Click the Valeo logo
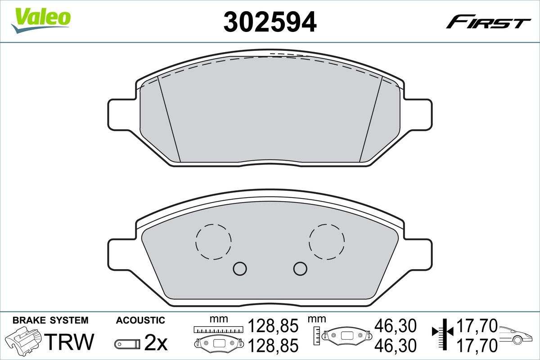(41, 20)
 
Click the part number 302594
(270, 22)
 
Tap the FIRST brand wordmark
(488, 25)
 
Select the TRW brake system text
(69, 342)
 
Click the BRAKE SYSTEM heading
(50, 320)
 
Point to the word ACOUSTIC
(140, 320)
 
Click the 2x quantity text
(156, 342)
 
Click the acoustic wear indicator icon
(127, 344)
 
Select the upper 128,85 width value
(273, 326)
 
